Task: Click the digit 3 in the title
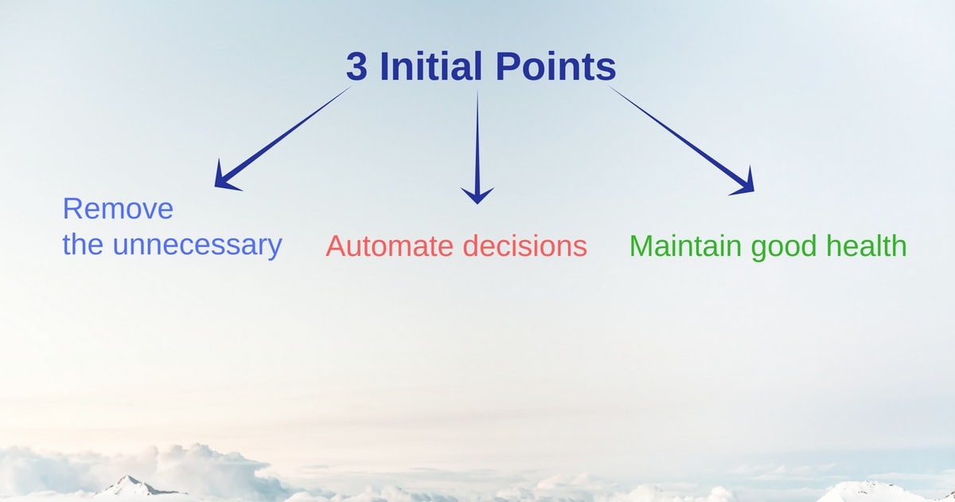(357, 65)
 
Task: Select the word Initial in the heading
(431, 65)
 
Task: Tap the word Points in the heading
(556, 65)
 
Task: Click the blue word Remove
(118, 209)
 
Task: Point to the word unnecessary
(197, 245)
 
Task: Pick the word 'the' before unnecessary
(83, 244)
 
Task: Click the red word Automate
(389, 246)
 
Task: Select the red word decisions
(524, 245)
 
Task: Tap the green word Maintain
(685, 245)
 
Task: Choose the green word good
(784, 247)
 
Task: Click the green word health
(867, 245)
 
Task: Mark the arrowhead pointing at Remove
(227, 176)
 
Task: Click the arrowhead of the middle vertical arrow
(477, 195)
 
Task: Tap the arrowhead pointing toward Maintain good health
(744, 182)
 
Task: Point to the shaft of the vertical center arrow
(477, 140)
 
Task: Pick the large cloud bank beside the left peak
(205, 469)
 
